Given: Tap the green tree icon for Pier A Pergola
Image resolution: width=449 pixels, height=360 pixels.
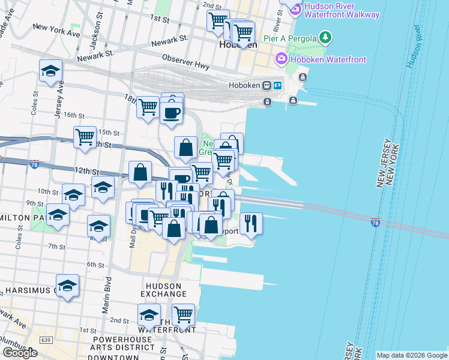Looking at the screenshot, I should pyautogui.click(x=325, y=38).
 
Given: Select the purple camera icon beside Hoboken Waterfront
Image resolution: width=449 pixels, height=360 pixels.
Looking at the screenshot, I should pyautogui.click(x=280, y=59).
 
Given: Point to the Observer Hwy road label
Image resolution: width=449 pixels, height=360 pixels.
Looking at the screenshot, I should pyautogui.click(x=185, y=60).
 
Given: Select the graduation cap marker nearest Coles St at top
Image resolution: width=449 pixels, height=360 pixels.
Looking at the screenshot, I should pyautogui.click(x=51, y=70).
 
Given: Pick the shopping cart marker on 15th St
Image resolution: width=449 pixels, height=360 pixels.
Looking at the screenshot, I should pyautogui.click(x=85, y=136).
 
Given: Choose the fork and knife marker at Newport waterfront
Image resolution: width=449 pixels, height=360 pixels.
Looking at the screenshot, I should pyautogui.click(x=251, y=223).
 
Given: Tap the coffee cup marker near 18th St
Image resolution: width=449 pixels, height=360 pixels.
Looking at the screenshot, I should pyautogui.click(x=172, y=112).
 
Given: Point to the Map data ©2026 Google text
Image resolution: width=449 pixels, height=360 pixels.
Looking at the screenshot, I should pyautogui.click(x=412, y=355).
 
